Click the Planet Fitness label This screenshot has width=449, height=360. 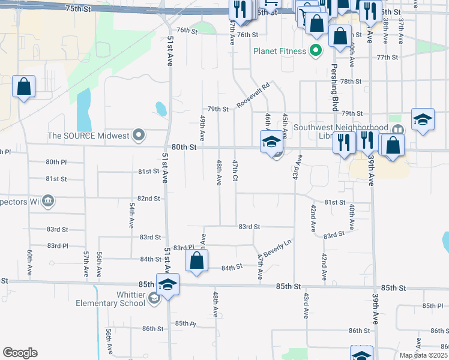(280, 51)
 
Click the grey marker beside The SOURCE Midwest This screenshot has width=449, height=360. (139, 136)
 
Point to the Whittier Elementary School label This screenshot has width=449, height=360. (110, 298)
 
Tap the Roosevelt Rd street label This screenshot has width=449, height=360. (253, 95)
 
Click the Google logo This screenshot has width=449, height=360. (20, 352)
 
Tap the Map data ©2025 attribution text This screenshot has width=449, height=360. (423, 355)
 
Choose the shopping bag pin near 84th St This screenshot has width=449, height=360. (196, 261)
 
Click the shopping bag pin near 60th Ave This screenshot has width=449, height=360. (24, 87)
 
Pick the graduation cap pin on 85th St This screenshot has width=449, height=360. (168, 284)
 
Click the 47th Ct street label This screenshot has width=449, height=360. (235, 172)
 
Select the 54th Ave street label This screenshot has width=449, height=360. (131, 215)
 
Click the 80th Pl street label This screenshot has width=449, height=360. (56, 162)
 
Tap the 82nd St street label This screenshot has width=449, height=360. (148, 198)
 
